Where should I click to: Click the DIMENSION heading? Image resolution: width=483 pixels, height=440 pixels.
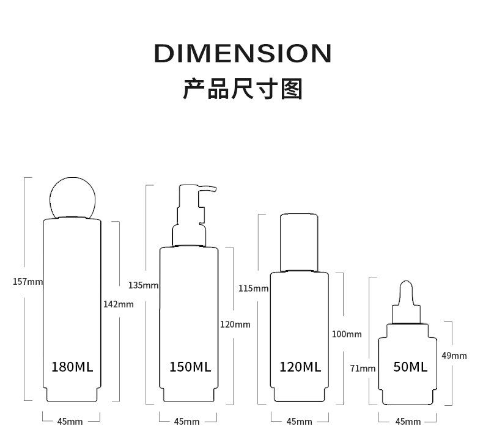point(242,54)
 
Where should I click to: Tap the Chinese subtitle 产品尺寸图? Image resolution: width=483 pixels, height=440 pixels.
point(242,89)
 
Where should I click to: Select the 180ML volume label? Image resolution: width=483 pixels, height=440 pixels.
point(72,367)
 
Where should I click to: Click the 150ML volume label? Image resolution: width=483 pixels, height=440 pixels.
point(190,367)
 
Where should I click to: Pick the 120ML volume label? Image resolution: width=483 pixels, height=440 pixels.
point(300,367)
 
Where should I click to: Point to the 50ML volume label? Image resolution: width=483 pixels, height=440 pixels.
point(410,367)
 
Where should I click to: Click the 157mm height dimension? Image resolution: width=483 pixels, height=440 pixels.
point(28,282)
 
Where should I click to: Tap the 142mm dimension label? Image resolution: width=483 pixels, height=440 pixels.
point(118,304)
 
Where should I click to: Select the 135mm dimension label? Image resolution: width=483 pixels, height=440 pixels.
point(143,285)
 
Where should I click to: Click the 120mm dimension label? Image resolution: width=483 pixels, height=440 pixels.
point(235,324)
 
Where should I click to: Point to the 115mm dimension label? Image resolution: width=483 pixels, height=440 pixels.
point(253,288)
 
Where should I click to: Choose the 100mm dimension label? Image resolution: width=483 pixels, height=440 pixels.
point(347,334)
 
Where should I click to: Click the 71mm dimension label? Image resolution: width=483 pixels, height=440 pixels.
point(363,369)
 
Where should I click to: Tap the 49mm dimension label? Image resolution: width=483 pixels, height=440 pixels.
point(454,356)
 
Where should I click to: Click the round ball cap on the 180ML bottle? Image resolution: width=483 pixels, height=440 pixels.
point(72,197)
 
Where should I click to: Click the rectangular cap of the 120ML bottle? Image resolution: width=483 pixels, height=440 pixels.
point(299,242)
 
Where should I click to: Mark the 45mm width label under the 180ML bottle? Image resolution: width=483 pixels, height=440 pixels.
point(70,422)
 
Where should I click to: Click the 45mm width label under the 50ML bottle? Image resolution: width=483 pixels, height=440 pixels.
point(408,422)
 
